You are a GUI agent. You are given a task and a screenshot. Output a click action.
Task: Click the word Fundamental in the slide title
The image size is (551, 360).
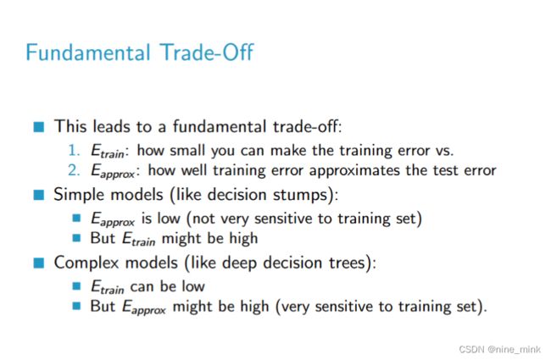88,53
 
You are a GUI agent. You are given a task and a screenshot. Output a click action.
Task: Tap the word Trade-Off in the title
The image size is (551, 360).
207,53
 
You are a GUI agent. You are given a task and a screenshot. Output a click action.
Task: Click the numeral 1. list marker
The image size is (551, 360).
74,150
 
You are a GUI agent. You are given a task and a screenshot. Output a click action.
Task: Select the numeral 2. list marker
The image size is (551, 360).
74,170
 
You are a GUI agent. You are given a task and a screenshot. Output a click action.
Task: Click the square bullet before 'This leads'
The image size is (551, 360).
39,127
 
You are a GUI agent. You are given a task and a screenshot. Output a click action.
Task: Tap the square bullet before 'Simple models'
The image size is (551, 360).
39,195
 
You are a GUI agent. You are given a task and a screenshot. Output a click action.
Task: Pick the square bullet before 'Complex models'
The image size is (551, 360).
39,263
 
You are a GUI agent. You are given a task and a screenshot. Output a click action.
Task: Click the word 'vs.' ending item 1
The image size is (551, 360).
444,151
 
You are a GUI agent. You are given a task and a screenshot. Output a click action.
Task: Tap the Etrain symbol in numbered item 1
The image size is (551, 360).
108,151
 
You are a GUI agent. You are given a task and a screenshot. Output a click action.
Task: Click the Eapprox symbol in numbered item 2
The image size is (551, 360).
113,171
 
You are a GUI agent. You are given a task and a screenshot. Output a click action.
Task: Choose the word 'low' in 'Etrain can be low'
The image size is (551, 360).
193,286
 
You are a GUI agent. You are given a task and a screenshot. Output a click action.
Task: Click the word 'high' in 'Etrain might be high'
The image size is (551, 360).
243,239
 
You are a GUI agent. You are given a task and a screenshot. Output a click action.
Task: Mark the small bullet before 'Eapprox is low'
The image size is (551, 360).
76,218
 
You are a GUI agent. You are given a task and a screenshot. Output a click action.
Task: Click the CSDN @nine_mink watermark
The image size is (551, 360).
499,350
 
